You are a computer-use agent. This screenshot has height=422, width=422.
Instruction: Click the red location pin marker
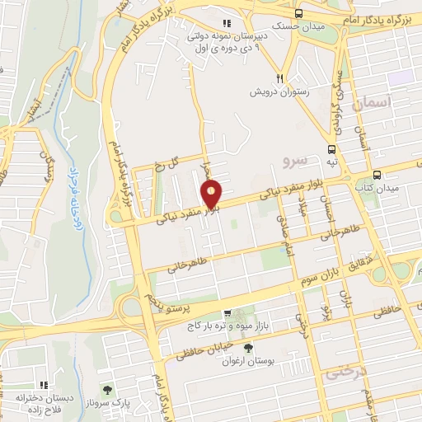pyautogui.click(x=212, y=195)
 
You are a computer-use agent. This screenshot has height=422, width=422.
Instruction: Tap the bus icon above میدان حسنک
pyautogui.click(x=298, y=13)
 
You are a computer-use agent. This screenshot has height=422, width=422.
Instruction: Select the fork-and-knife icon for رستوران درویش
pyautogui.click(x=281, y=77)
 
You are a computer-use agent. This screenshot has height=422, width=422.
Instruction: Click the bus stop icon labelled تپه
pyautogui.click(x=331, y=149)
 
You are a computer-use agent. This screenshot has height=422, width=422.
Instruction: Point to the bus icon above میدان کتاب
pyautogui.click(x=377, y=175)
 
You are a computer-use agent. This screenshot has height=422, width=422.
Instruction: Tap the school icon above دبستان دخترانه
pyautogui.click(x=44, y=383)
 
